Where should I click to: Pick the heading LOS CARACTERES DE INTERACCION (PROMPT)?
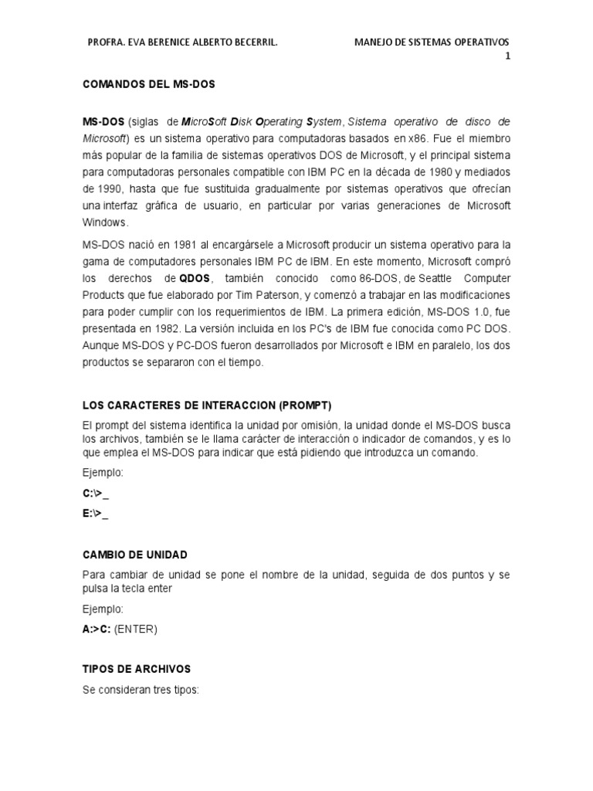tap(207, 406)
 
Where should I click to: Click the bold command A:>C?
tap(97, 629)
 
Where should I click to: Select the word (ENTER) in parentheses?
tap(136, 629)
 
